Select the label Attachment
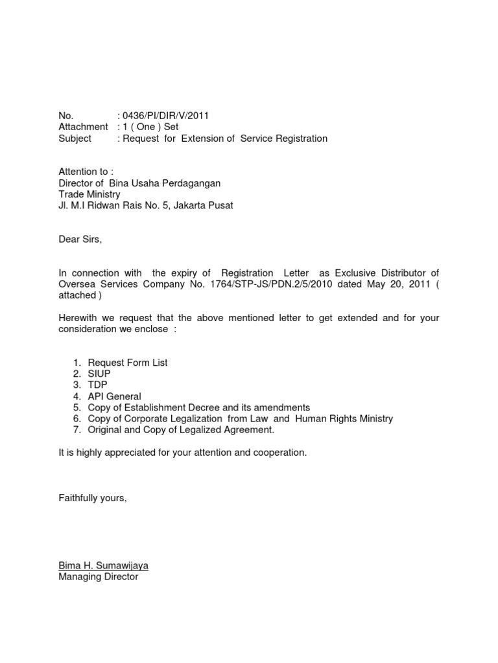pos(83,127)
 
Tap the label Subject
pos(75,138)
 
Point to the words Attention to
pos(86,172)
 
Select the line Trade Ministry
pos(89,194)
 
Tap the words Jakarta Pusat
pos(202,205)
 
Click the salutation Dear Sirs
pos(80,239)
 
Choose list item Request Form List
pos(128,363)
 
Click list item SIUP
pos(99,374)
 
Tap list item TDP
pos(98,385)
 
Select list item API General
pos(114,396)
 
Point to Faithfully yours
pos(92,497)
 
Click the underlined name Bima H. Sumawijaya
pos(103,565)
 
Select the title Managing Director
pos(98,576)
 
